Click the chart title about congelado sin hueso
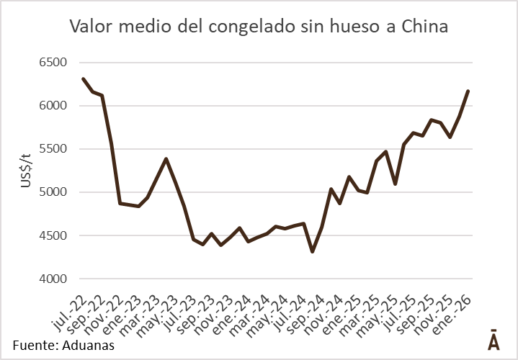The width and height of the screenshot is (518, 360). click(x=259, y=27)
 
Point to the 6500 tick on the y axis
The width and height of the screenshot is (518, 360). click(x=52, y=63)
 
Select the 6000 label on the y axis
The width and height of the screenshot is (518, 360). click(x=52, y=106)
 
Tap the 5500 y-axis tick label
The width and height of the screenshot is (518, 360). click(x=52, y=149)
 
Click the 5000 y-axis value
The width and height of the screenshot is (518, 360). click(x=52, y=192)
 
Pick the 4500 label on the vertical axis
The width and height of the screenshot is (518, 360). click(x=52, y=235)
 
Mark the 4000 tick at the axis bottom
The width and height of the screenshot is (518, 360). click(x=52, y=279)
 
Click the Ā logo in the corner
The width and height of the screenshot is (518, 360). click(x=494, y=341)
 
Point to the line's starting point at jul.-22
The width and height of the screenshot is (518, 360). click(x=84, y=78)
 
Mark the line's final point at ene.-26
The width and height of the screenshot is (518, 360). click(x=468, y=91)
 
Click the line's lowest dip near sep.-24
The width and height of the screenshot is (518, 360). click(x=312, y=251)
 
